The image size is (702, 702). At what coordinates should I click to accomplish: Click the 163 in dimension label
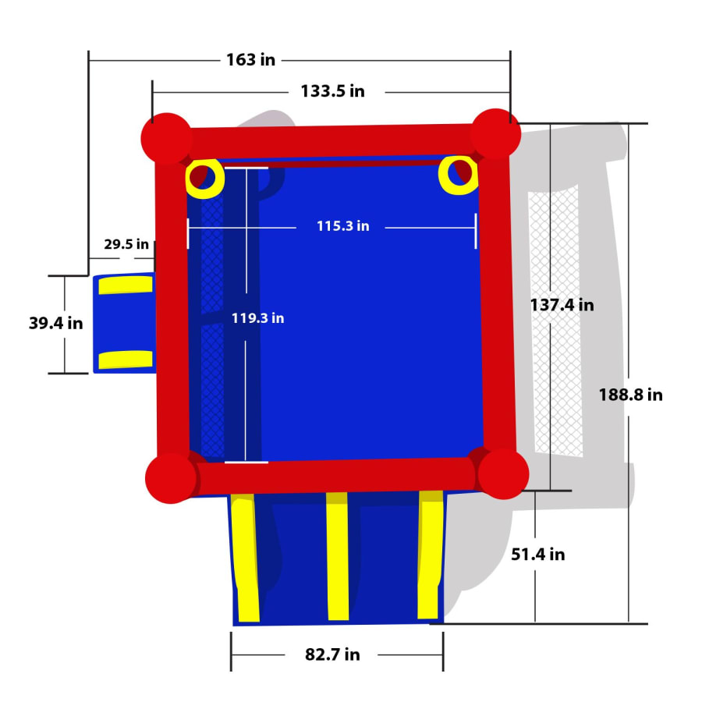[250, 59]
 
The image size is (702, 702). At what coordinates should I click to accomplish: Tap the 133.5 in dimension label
[332, 91]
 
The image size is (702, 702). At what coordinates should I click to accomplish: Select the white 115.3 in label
[343, 225]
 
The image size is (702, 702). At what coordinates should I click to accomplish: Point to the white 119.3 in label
[257, 318]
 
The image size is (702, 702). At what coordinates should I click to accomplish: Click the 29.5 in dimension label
[126, 244]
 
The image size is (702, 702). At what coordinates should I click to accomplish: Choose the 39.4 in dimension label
[56, 323]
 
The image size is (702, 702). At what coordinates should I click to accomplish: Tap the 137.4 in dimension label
[562, 305]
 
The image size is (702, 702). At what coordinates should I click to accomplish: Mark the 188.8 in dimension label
[630, 395]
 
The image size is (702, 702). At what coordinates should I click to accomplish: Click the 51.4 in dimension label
[537, 555]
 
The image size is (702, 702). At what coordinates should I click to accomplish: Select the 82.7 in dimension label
[332, 654]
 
